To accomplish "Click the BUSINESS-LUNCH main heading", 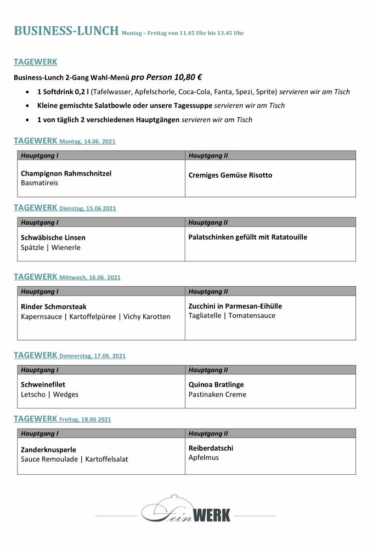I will tap(66, 31).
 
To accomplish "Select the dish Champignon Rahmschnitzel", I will tap(66, 173).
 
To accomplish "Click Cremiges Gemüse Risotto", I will tap(230, 175).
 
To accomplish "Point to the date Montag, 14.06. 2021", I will tap(87, 141).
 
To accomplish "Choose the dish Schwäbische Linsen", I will tap(53, 238).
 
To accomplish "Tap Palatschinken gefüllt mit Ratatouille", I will tap(247, 237).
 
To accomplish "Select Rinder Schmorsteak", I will tap(54, 306).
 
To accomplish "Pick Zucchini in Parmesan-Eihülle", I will tap(235, 306).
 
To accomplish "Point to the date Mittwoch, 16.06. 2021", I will tap(89, 277).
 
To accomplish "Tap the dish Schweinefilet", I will tap(43, 385).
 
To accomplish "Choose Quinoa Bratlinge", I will tap(216, 385).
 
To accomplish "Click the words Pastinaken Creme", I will tap(217, 395).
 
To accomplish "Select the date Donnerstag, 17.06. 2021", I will tap(92, 356).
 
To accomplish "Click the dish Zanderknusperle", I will tap(48, 450).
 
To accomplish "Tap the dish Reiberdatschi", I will tap(211, 448).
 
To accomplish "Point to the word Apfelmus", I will tap(204, 457).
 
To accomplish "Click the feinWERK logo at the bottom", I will tap(187, 510).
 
